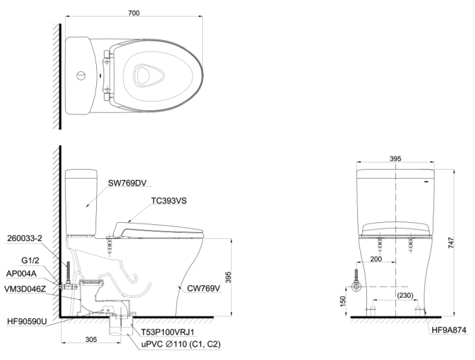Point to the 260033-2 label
coord(25,237)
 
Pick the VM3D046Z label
coord(26,287)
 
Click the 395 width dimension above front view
coord(395,159)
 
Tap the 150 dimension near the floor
coord(343,302)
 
